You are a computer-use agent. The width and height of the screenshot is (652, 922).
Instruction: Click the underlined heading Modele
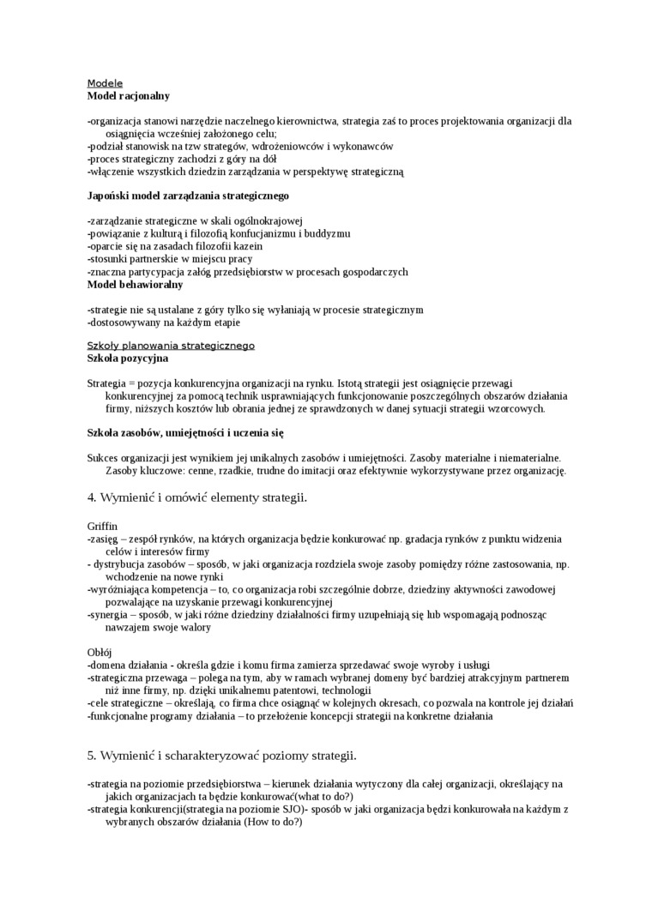pos(105,83)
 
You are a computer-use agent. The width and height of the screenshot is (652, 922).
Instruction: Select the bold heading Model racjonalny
pos(129,96)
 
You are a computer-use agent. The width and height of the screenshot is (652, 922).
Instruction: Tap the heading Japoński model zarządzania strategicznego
pos(188,196)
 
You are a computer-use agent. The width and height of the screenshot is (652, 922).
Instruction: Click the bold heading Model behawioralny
pos(135,284)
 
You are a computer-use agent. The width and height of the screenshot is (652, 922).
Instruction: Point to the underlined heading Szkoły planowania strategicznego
pos(171,346)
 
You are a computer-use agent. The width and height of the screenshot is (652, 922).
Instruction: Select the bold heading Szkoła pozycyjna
pos(128,358)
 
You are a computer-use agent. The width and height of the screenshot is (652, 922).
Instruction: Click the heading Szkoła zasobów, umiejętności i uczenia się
pos(185,433)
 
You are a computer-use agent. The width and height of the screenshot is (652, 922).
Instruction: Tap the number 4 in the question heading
pos(91,497)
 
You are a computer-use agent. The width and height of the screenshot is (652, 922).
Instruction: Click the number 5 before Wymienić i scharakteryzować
pos(91,756)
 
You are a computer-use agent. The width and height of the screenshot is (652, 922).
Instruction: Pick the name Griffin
pos(102,525)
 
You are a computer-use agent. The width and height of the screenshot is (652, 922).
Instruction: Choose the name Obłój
pos(100,652)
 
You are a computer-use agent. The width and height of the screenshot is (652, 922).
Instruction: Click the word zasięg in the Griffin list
pos(106,539)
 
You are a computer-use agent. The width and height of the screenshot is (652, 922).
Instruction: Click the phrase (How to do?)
pos(272,822)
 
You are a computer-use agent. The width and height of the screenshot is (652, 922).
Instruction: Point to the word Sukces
pos(105,458)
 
